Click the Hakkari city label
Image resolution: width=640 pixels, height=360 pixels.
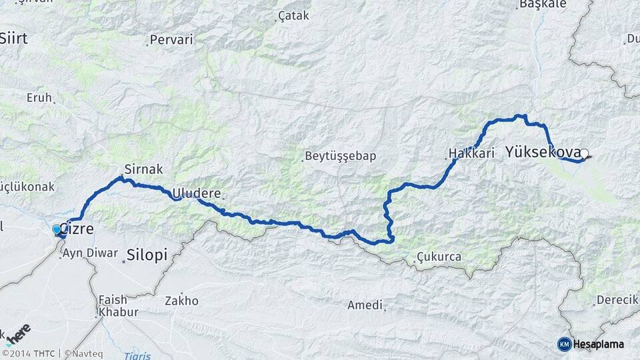point(471,154)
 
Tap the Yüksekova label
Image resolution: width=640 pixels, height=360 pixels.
point(543,152)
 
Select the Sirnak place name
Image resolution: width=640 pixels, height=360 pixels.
point(144,169)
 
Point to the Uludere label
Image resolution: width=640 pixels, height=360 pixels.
point(197,193)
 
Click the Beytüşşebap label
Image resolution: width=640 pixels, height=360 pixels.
point(341,157)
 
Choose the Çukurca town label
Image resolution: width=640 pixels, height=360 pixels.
point(438,257)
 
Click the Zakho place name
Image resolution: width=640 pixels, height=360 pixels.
point(182,301)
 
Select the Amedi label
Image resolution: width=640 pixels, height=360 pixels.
point(365,305)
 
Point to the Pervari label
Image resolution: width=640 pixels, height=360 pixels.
point(171,40)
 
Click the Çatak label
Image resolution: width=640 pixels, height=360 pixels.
point(294,15)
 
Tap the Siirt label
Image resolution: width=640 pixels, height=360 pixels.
point(13,39)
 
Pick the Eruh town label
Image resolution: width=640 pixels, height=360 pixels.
point(39,97)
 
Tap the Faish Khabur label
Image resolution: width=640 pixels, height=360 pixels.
point(118,306)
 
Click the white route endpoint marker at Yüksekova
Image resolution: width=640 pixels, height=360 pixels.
point(584,154)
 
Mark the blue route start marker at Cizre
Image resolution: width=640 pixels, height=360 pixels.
point(57,229)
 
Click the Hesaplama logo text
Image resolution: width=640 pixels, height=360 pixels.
point(598,344)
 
